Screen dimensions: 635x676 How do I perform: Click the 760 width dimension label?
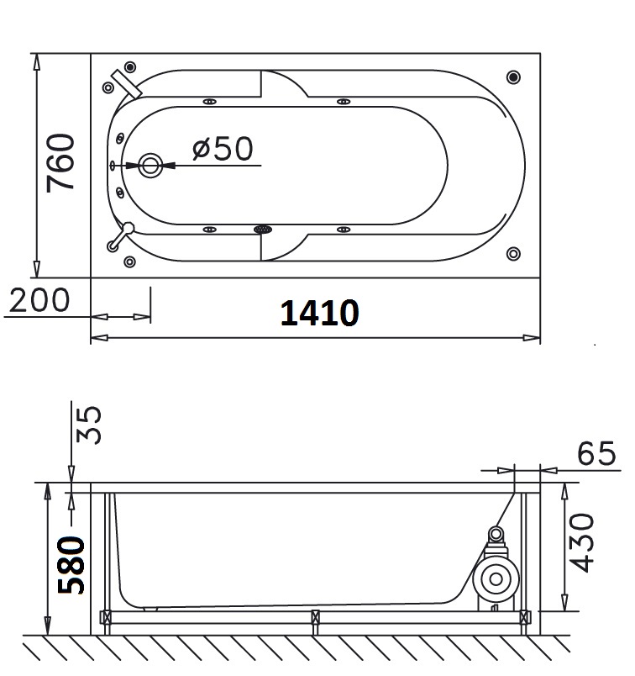(x=60, y=162)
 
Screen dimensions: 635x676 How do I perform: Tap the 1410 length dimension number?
(x=319, y=313)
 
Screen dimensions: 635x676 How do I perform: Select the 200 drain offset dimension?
(x=39, y=300)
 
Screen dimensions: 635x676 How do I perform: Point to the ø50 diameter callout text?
(x=223, y=148)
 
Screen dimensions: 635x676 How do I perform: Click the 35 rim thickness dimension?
(x=89, y=425)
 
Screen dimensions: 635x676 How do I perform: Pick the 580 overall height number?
(x=71, y=565)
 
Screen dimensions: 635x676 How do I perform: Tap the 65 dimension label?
(x=596, y=453)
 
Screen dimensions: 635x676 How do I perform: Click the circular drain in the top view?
(x=150, y=165)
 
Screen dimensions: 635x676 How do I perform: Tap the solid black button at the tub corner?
(x=513, y=77)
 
